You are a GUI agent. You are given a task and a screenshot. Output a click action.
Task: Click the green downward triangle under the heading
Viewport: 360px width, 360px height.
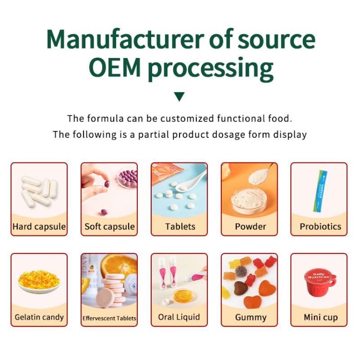click(x=180, y=96)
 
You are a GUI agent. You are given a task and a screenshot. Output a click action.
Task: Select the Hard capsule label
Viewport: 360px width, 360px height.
click(x=39, y=226)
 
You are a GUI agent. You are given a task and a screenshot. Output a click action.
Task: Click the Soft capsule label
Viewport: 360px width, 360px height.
click(x=109, y=226)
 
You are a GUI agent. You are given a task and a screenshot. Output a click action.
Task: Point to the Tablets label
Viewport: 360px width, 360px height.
click(x=180, y=226)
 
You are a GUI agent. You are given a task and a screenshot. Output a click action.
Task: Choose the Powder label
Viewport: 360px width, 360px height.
click(x=250, y=226)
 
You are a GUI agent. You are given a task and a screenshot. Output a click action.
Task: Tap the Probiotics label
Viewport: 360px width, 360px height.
click(x=320, y=226)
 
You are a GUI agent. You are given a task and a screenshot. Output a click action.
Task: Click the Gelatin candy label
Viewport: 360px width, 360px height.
click(x=39, y=317)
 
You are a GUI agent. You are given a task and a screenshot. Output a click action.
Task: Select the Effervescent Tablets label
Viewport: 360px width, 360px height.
click(x=109, y=318)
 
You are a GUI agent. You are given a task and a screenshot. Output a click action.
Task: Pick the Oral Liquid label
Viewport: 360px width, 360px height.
click(x=180, y=317)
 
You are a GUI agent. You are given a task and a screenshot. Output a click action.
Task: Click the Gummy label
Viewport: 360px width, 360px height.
click(x=250, y=317)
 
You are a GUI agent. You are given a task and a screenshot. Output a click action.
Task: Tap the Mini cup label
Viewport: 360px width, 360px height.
click(x=320, y=317)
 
